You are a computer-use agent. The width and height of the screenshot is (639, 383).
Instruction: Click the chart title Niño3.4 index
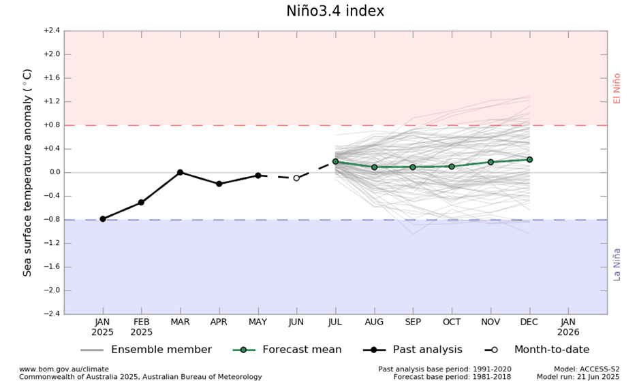point(335,12)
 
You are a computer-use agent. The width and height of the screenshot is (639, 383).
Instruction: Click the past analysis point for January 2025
point(103,219)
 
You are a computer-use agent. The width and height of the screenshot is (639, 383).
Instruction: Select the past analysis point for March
point(180,172)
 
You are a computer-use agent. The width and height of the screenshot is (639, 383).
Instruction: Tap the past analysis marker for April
point(219,184)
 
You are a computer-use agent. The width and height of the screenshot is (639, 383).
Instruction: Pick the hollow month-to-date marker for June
point(296,178)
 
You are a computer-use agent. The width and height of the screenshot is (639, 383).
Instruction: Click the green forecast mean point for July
point(335,162)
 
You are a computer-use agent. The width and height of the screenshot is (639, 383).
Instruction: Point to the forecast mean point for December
point(529,160)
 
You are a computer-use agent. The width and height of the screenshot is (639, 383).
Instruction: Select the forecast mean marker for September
point(413,167)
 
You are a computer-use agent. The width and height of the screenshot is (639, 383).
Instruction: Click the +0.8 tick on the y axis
point(52,125)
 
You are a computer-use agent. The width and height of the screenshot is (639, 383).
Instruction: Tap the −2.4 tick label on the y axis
point(52,314)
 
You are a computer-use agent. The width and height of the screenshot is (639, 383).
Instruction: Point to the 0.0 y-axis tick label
point(53,172)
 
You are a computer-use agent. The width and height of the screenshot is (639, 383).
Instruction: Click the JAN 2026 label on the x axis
point(568,327)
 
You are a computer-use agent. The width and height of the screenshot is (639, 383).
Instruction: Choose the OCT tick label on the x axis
point(452,322)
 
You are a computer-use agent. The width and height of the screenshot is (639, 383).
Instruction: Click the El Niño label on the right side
point(617,88)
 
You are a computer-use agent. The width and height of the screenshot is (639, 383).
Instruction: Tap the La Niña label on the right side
point(617,264)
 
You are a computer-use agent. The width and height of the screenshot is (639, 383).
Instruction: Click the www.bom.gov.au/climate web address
point(64,369)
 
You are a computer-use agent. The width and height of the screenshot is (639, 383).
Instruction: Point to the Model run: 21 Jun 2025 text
point(578,377)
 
